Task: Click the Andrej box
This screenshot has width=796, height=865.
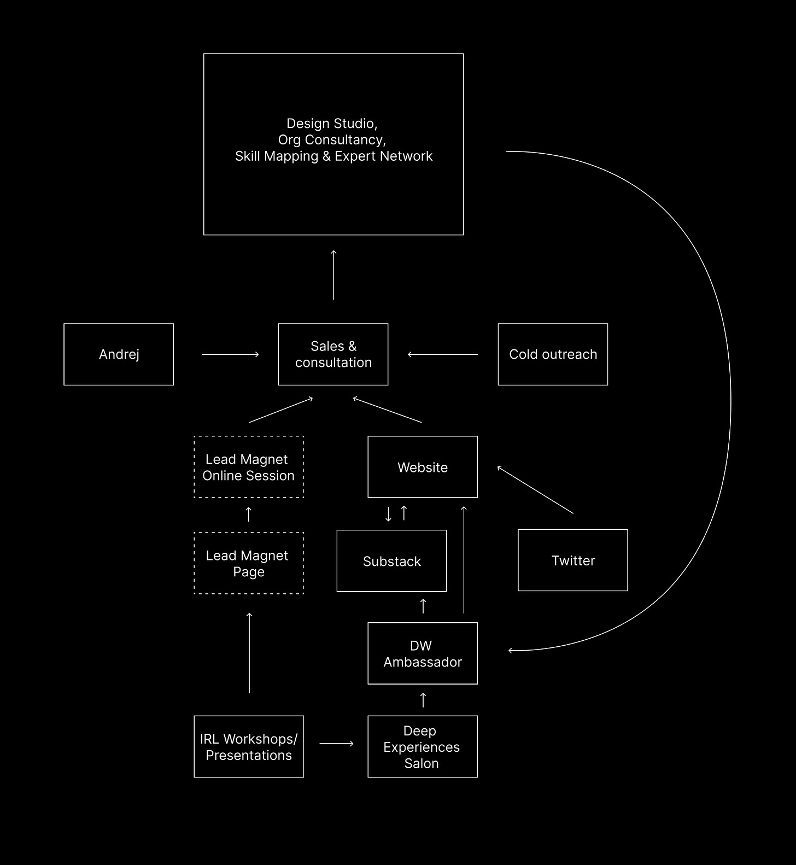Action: [x=119, y=354]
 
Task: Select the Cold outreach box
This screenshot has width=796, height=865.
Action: [x=553, y=354]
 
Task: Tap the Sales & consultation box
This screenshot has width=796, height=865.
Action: [x=333, y=354]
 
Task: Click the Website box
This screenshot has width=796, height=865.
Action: [x=423, y=467]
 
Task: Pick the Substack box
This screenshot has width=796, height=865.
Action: [x=391, y=561]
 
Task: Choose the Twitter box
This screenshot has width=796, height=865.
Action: [x=573, y=560]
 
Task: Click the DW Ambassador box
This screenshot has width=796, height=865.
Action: [x=423, y=653]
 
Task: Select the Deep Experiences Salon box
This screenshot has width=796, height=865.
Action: [x=423, y=746]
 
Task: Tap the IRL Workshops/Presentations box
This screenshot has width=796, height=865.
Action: [x=249, y=746]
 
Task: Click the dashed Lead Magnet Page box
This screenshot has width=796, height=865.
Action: [x=249, y=563]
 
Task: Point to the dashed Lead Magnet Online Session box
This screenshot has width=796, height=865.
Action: [x=249, y=467]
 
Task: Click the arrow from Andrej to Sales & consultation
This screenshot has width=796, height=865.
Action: [x=230, y=354]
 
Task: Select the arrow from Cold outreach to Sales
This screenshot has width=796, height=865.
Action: [x=443, y=354]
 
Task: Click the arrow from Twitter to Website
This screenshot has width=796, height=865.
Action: [x=535, y=489]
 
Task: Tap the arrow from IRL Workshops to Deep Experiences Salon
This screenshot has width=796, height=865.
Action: [x=336, y=744]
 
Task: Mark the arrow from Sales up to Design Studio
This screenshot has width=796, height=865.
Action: [x=333, y=275]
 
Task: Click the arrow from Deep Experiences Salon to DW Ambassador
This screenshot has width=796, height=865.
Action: [x=423, y=700]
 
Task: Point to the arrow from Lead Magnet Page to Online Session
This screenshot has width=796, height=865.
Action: [x=249, y=514]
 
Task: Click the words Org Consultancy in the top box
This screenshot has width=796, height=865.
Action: [x=332, y=140]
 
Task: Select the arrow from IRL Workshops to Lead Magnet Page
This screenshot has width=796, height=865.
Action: [x=249, y=653]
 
